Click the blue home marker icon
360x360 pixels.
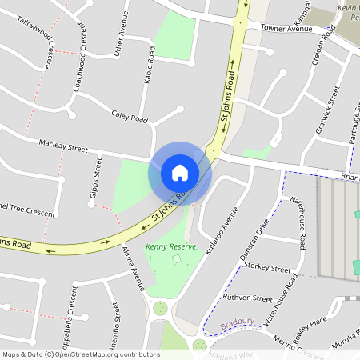pos(180,172)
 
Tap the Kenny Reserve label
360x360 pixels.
pos(170,248)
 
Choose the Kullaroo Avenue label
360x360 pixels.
pos(222,231)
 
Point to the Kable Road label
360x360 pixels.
pos(150,65)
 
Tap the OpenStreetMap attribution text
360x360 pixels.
pos(81,354)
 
